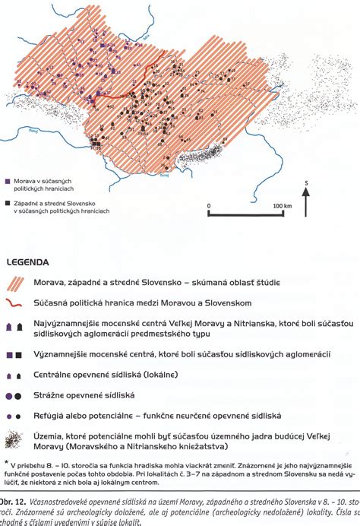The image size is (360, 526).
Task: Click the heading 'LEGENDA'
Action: pos(30,262)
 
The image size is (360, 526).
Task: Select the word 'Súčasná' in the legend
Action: pos(54,302)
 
